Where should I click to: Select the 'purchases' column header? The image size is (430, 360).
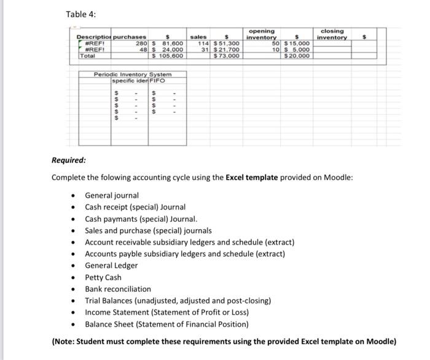coord(130,38)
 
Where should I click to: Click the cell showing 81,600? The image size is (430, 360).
coord(172,44)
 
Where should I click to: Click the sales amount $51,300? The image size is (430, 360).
coord(225,44)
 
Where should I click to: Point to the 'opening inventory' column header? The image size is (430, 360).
coord(262,34)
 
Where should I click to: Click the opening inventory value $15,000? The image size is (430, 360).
coord(296,44)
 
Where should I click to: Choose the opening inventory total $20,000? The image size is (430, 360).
coord(297,56)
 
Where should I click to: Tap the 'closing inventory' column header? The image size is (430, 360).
coord(332,34)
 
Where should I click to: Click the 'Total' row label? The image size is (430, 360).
coord(87,56)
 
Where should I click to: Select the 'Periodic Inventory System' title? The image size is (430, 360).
coord(132,74)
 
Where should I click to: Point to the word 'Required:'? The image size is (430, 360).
coord(69,161)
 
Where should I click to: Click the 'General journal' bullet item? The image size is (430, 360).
coord(111,195)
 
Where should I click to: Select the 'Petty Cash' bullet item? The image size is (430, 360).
coord(103,277)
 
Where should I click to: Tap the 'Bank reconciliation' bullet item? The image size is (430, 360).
coord(117,289)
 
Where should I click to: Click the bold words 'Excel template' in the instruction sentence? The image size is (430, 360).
coord(252,178)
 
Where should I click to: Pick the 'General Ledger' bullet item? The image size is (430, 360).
coord(111,265)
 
